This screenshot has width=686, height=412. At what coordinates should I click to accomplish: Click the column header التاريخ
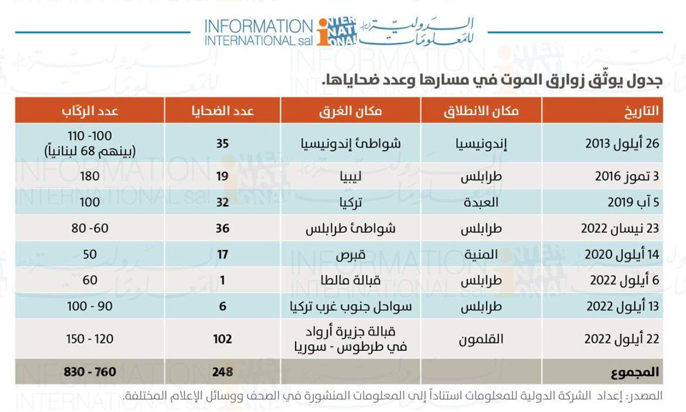[x=642, y=111]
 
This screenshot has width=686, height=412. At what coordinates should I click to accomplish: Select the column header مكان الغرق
[x=350, y=111]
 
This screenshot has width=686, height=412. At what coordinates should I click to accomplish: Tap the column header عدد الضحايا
[x=223, y=111]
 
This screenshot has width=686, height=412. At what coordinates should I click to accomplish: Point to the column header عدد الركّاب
[x=89, y=111]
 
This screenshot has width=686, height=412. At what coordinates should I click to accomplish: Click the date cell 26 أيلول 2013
[x=622, y=144]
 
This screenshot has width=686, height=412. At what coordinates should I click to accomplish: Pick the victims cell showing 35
[x=223, y=144]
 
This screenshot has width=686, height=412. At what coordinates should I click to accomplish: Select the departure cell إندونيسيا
[x=481, y=144]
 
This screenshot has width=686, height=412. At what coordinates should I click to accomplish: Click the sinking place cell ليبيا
[x=350, y=177]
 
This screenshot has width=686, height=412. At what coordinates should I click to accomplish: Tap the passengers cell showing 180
[x=89, y=176]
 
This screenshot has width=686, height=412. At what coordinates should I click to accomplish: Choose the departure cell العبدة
[x=481, y=202]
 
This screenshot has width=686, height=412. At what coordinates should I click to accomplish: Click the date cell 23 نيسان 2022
[x=620, y=228]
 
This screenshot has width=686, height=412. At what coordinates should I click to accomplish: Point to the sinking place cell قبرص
[x=350, y=254]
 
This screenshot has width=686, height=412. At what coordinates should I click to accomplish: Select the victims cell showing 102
[x=223, y=339]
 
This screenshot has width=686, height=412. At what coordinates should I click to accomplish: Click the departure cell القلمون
[x=481, y=339]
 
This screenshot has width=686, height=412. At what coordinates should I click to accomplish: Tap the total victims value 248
[x=223, y=372]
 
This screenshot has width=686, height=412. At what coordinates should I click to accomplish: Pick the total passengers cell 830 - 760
[x=89, y=372]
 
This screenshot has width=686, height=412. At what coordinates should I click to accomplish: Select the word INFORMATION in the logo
[x=259, y=26]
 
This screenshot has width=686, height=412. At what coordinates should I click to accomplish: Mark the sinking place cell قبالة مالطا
[x=350, y=281]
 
